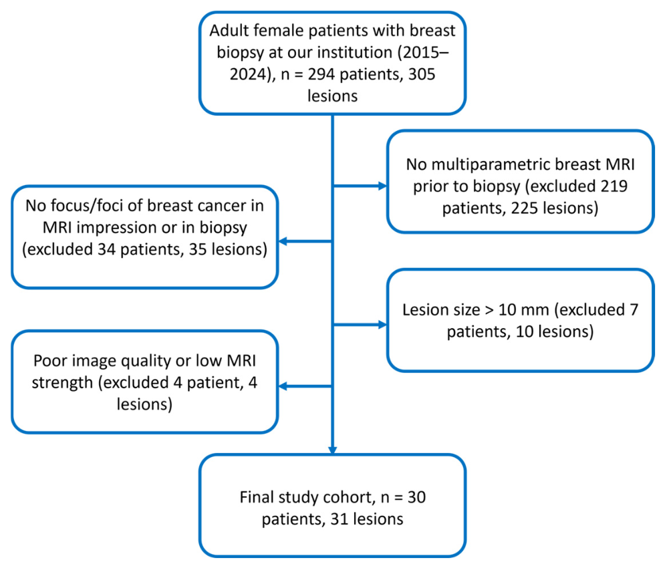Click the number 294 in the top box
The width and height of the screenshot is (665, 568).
pyautogui.click(x=322, y=74)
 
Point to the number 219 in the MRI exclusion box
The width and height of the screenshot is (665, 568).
pyautogui.click(x=614, y=186)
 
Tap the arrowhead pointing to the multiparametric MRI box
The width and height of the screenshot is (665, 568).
pyautogui.click(x=382, y=185)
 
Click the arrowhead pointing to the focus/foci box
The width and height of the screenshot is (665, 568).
pyautogui.click(x=283, y=241)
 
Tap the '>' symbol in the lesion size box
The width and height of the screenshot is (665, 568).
pyautogui.click(x=489, y=310)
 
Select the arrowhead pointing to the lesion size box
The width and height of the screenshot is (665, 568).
pyautogui.click(x=382, y=325)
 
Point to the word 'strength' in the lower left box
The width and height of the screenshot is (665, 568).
pyautogui.click(x=62, y=383)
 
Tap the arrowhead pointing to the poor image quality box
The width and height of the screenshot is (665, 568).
pyautogui.click(x=283, y=386)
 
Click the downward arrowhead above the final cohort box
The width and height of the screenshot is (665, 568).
pyautogui.click(x=333, y=450)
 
